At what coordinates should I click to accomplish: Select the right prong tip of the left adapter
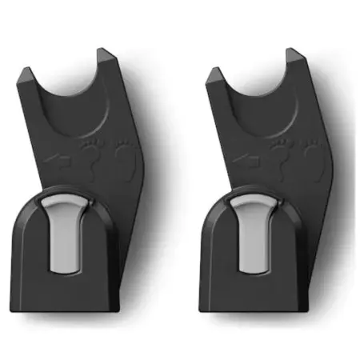click(x=103, y=54)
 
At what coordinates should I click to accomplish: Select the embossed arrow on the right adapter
click(x=249, y=161)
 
